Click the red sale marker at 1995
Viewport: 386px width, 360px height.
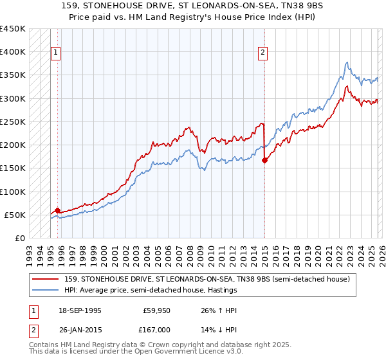58,210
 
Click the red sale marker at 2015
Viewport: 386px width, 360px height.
264,161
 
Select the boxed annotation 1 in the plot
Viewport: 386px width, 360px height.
56,53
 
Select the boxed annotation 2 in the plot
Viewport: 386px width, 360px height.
263,53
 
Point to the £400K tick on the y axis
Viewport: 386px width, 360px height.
13,52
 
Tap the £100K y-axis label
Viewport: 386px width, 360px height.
13,192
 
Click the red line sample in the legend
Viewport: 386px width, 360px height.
46,280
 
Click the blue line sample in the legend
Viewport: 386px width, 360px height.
46,291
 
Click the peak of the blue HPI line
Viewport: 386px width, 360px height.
347,62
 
